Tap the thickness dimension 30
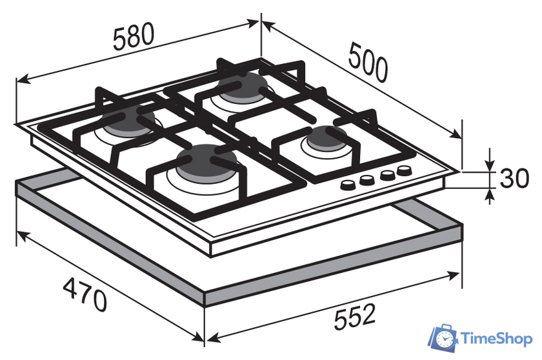coord(514,178)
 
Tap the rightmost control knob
coord(405,172)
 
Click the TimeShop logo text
coord(497,339)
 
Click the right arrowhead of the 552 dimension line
coord(457,276)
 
